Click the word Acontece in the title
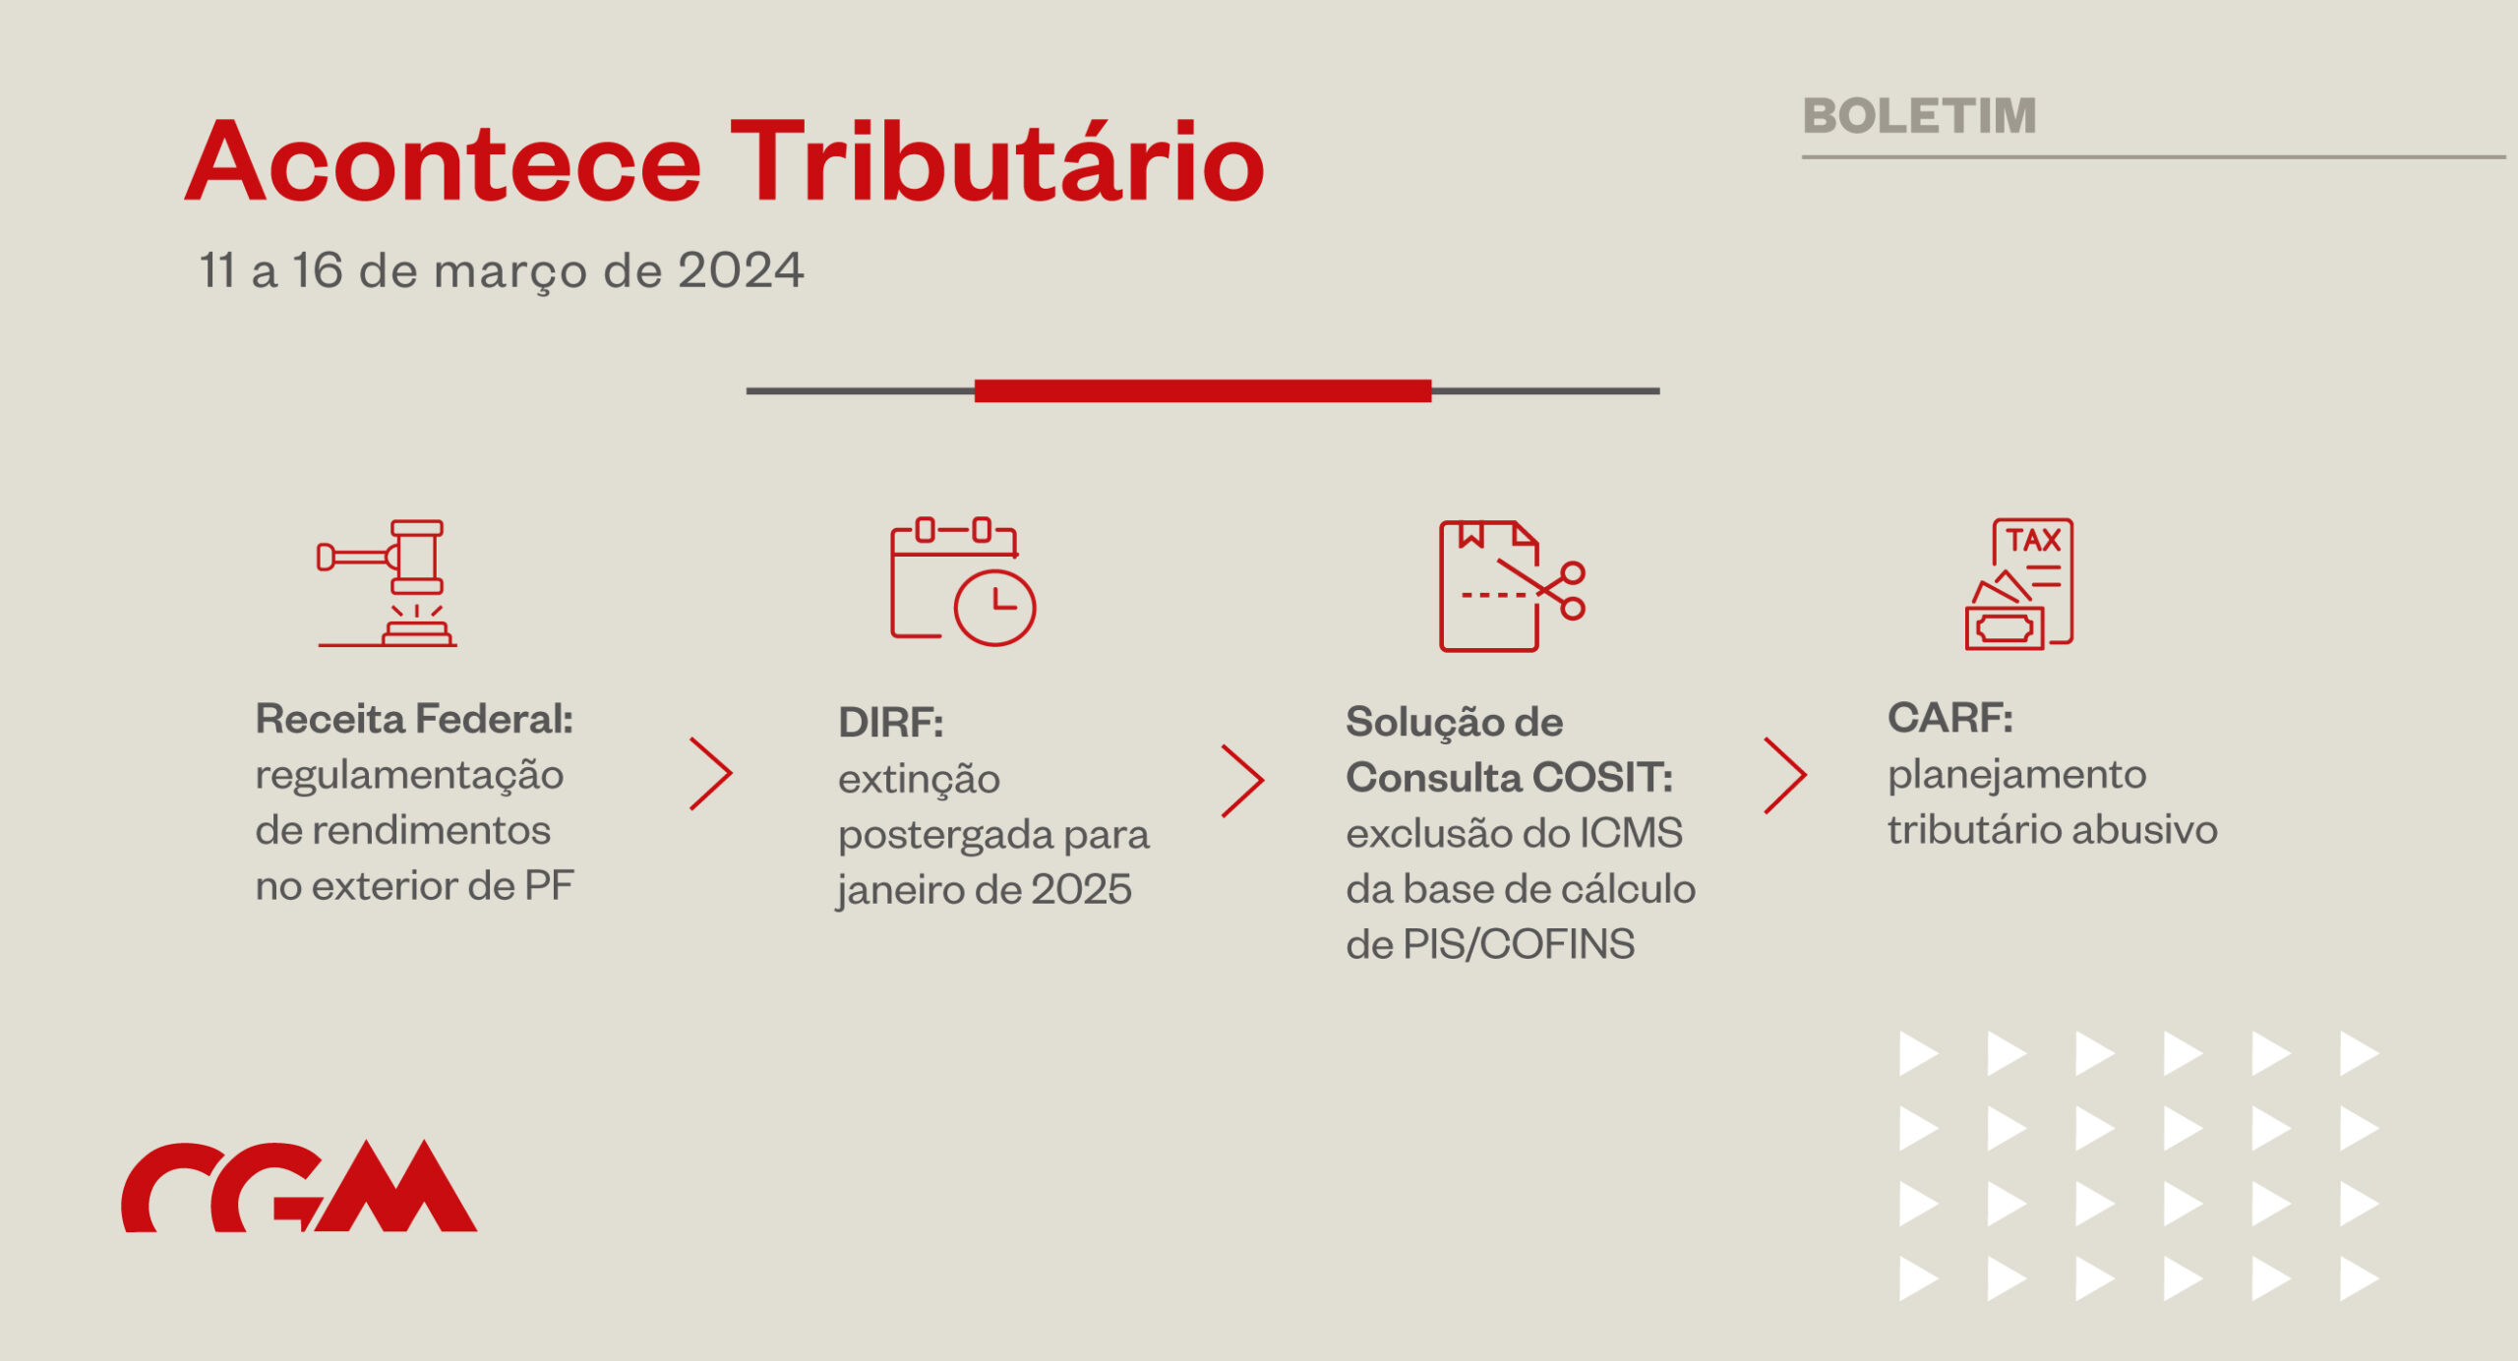pyautogui.click(x=443, y=161)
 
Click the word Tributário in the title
pyautogui.click(x=996, y=159)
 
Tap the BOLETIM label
pyautogui.click(x=1919, y=116)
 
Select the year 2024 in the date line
pyautogui.click(x=741, y=270)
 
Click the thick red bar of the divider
pyautogui.click(x=1203, y=390)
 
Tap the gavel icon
pyautogui.click(x=388, y=583)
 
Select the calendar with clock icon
pyautogui.click(x=963, y=581)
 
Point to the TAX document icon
pyautogui.click(x=2019, y=584)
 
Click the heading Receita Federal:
pyautogui.click(x=414, y=719)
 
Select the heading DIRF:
pyautogui.click(x=891, y=723)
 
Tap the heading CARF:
pyautogui.click(x=1950, y=718)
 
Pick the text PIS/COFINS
pyautogui.click(x=1519, y=944)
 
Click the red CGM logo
pyautogui.click(x=299, y=1186)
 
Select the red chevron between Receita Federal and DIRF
pyautogui.click(x=711, y=774)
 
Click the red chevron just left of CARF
pyautogui.click(x=1785, y=776)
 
